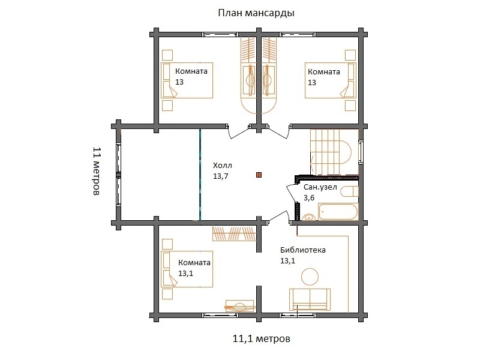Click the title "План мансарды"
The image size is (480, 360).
click(256, 13)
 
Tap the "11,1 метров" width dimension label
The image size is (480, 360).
click(262, 339)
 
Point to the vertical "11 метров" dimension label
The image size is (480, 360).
click(97, 171)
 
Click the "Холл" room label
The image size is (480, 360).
click(223, 166)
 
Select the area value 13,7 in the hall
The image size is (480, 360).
click(220, 176)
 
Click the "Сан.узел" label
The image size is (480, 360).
click(320, 187)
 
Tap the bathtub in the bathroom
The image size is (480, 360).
click(338, 212)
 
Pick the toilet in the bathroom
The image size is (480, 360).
click(349, 192)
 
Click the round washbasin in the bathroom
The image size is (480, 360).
click(309, 217)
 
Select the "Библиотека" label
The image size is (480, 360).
click(303, 250)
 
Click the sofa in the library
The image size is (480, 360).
click(310, 299)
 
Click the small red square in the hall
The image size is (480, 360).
click(259, 175)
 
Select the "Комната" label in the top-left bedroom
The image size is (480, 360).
click(191, 71)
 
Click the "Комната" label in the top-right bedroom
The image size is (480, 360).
click(324, 72)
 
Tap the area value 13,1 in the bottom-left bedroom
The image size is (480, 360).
click(186, 274)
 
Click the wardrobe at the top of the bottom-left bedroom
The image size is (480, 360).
click(235, 233)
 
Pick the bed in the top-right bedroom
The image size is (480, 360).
click(331, 80)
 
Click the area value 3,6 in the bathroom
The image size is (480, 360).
click(309, 198)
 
